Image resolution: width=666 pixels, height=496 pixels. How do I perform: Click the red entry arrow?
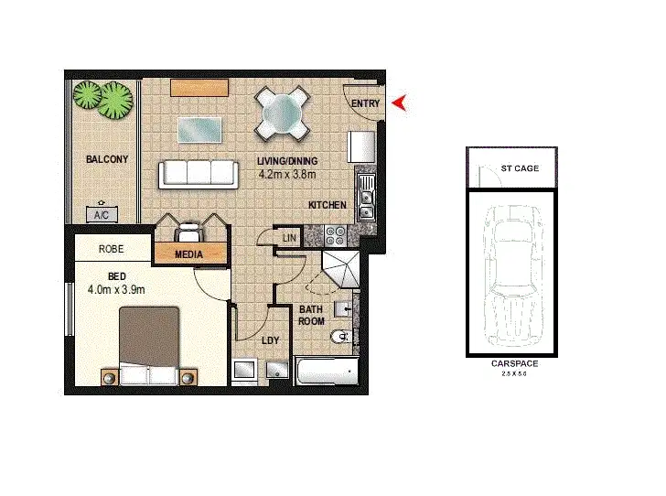(399, 104)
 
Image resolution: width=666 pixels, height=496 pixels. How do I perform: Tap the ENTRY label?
(365, 104)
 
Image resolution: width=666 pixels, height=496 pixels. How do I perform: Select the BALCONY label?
(107, 159)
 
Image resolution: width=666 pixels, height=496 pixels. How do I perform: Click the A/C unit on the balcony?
(101, 215)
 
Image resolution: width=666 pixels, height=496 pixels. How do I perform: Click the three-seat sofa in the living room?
(198, 173)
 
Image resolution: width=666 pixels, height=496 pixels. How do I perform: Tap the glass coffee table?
(199, 130)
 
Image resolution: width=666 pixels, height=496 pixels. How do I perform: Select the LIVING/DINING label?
(286, 161)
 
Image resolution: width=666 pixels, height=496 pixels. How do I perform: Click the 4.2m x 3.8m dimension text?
(286, 174)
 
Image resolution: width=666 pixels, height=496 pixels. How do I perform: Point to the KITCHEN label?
(327, 205)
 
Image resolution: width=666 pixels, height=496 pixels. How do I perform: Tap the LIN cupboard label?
(289, 238)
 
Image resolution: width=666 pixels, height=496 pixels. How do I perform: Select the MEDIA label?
(188, 254)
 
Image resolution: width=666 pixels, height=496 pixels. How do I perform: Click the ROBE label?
(112, 248)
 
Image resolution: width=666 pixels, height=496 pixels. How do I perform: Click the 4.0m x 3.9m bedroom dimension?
(116, 290)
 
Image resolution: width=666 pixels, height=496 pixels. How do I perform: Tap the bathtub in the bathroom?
(327, 372)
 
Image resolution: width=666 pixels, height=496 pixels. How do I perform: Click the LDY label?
(270, 340)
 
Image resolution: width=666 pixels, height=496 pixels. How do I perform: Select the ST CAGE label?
(520, 168)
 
